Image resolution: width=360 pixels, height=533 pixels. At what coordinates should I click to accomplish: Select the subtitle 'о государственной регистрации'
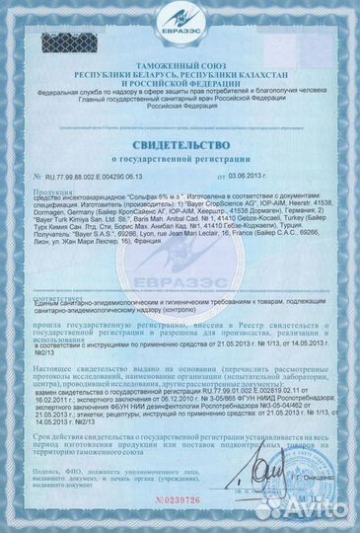180,156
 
